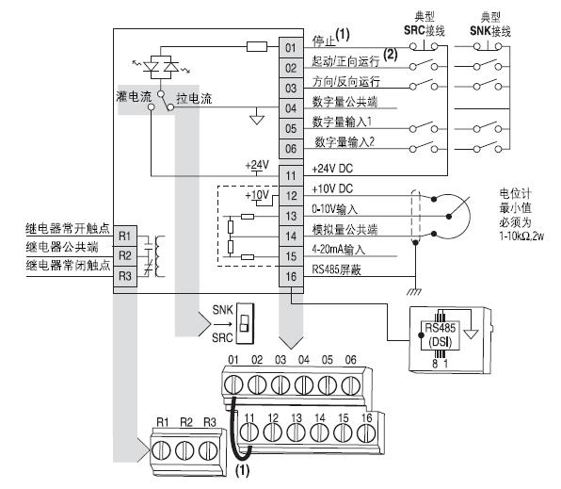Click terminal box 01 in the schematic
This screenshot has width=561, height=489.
coord(291,48)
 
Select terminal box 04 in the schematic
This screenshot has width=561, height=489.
coord(291,108)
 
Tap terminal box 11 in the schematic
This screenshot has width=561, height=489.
coord(291,176)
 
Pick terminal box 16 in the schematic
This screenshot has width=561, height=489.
coord(291,277)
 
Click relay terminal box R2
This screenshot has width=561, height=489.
coord(125,255)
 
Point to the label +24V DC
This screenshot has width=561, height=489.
coord(332,169)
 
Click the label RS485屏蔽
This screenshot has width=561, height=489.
coord(336,269)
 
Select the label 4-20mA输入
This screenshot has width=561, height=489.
coord(338,250)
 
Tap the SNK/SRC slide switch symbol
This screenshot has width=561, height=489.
coord(245,323)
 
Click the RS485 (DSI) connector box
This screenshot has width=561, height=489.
coord(440,335)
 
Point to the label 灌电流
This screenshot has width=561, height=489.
coord(134,96)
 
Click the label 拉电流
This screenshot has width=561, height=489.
coord(194,98)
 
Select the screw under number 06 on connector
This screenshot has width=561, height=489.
coord(350,385)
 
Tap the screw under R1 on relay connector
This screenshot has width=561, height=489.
coord(161,450)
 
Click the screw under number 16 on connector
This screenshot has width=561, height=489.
coord(366,432)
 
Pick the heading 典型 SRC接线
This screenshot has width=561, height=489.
coord(425,24)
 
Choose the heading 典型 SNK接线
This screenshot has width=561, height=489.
coord(490,24)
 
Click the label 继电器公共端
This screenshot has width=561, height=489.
coord(62,247)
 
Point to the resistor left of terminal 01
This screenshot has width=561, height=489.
coord(257,46)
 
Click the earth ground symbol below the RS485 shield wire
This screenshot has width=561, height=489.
coord(414,291)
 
